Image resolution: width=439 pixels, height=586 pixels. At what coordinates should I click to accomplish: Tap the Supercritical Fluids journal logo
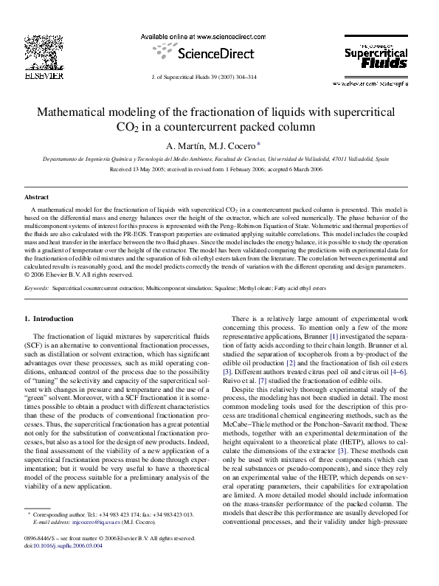point(376,59)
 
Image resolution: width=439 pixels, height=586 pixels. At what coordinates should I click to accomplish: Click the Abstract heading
point(37,199)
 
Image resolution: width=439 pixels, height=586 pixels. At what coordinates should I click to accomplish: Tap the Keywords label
point(37,268)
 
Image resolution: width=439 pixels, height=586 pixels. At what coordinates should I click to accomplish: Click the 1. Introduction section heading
point(49,318)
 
